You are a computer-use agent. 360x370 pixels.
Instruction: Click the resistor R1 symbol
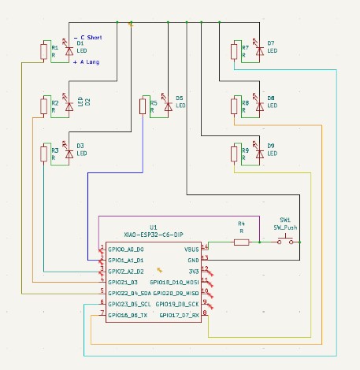[x=44, y=52]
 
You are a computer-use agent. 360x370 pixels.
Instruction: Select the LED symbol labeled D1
[x=69, y=50]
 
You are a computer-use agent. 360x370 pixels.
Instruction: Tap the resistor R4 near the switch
[x=241, y=242]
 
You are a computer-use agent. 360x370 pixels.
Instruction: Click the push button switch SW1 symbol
[x=288, y=239]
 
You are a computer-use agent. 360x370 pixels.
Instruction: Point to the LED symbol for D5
[x=167, y=105]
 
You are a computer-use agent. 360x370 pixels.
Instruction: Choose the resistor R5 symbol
[x=143, y=105]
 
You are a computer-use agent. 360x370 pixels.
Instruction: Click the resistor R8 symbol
[x=234, y=105]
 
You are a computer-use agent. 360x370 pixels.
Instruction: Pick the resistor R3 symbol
[x=44, y=154]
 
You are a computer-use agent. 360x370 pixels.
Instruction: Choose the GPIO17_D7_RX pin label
[x=180, y=314]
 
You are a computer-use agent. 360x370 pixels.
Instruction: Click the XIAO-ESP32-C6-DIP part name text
[x=154, y=235]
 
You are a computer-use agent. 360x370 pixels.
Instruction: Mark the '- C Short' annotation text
[x=88, y=37]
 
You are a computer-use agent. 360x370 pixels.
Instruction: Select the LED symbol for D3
[x=69, y=153]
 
